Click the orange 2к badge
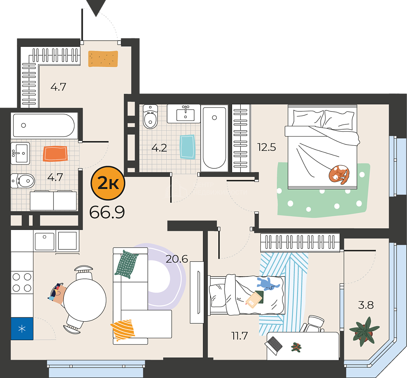(x=108, y=183)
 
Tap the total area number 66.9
(x=107, y=212)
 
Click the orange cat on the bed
(x=339, y=174)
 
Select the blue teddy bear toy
(x=268, y=284)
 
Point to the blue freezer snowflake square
(x=22, y=329)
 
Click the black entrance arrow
(x=96, y=8)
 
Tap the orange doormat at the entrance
(x=103, y=59)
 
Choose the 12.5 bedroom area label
(x=267, y=147)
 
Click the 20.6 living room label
(x=177, y=259)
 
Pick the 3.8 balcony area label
(x=366, y=305)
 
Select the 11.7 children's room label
(x=240, y=336)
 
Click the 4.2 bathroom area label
(x=159, y=148)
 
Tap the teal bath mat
(x=187, y=147)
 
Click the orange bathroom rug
(x=55, y=154)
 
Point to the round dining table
(x=85, y=300)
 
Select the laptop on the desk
(x=273, y=345)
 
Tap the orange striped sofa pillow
(x=123, y=330)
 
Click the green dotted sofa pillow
(x=126, y=264)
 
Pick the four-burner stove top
(x=22, y=283)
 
